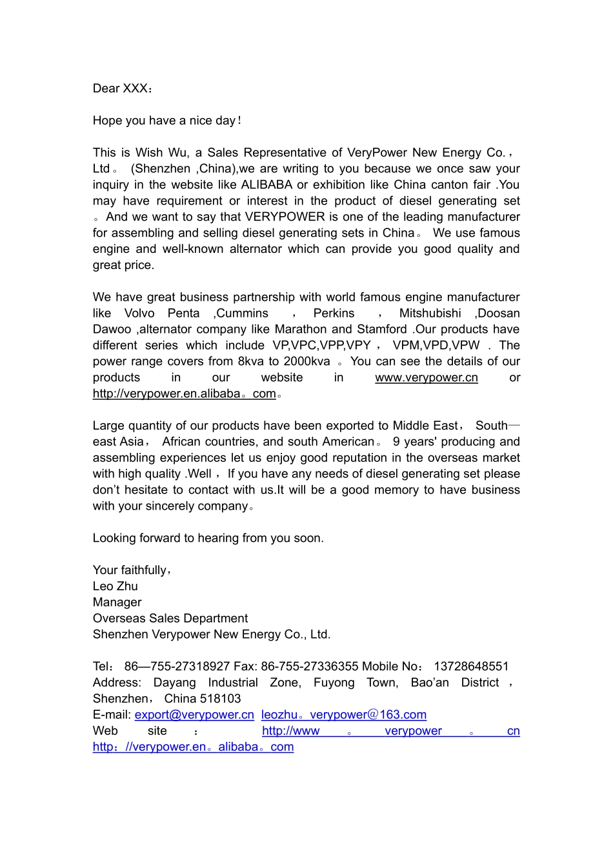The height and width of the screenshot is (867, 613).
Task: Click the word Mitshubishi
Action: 430,314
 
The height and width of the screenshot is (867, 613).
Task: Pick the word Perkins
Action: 334,314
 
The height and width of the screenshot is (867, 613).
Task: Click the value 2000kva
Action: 306,362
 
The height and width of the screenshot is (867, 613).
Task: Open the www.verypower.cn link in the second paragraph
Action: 427,378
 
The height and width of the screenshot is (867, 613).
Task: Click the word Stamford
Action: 382,330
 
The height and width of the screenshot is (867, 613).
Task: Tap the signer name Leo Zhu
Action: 116,586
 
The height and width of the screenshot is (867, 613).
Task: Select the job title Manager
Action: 117,603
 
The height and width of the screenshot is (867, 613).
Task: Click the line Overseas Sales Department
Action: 170,619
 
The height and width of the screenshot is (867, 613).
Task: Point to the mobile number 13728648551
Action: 471,666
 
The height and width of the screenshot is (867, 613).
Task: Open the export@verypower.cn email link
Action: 194,715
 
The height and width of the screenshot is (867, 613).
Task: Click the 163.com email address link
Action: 344,715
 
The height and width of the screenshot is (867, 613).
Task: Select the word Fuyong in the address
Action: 334,683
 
